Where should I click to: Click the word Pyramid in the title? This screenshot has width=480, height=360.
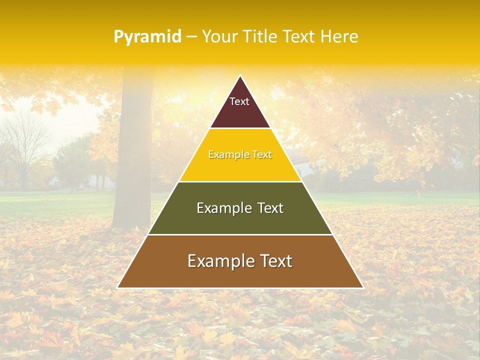tap(147, 37)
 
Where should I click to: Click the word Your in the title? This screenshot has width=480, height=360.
tap(220, 37)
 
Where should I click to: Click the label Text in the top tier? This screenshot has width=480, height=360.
tap(239, 101)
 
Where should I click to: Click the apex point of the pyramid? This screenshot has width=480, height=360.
tap(240, 76)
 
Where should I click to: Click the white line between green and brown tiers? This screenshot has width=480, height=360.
tap(240, 234)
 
